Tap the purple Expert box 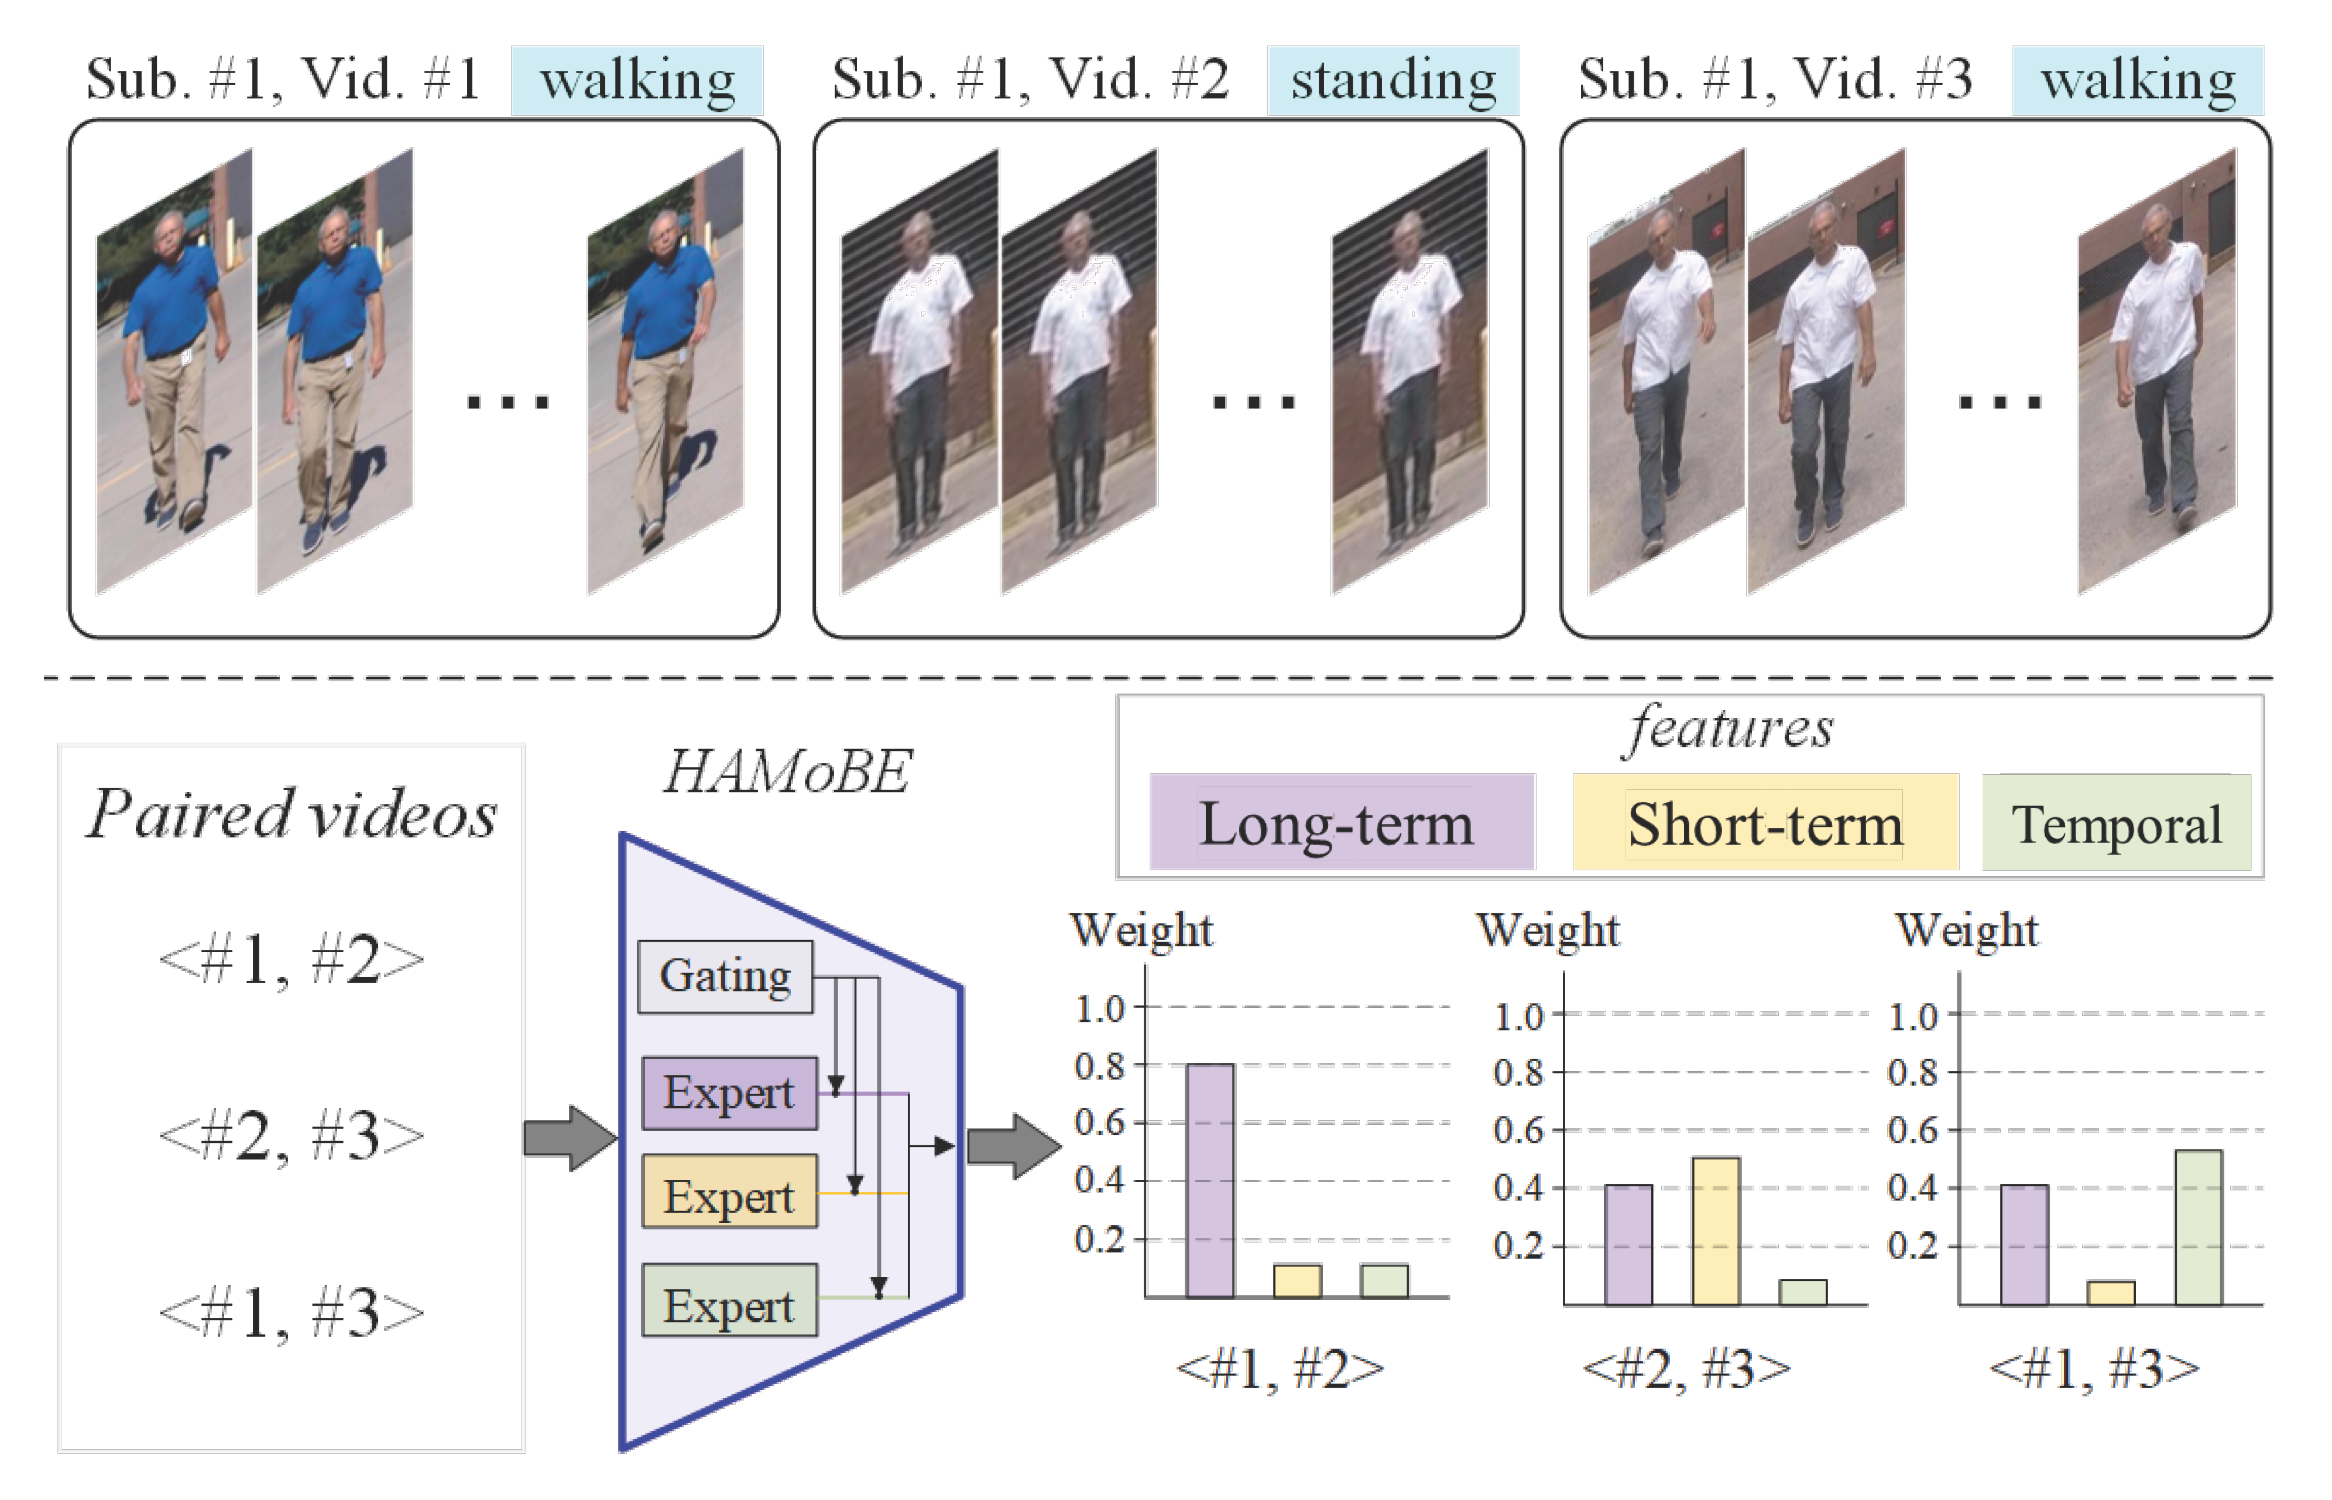[x=729, y=1093]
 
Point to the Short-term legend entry [x=1764, y=823]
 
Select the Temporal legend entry [x=2116, y=823]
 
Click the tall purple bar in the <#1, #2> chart [x=1210, y=1180]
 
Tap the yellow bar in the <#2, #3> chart [x=1716, y=1231]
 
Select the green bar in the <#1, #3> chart [x=2199, y=1227]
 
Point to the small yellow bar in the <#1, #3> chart [x=2111, y=1293]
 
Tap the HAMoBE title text [x=787, y=773]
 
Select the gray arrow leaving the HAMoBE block [x=1013, y=1147]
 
